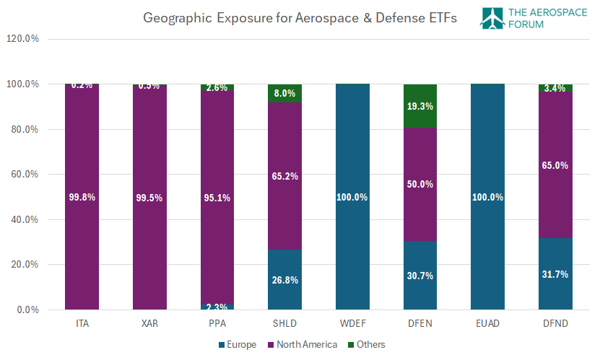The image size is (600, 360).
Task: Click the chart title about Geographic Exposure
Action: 300,19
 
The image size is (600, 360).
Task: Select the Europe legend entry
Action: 238,345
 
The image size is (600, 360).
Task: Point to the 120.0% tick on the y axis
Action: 22,39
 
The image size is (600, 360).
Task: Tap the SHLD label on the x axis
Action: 284,322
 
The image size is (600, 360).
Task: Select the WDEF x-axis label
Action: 352,322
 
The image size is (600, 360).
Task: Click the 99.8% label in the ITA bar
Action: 82,198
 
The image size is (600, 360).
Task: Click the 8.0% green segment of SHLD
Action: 284,93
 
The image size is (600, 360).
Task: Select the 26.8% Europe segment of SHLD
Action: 284,280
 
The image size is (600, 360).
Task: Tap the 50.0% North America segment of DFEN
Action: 420,184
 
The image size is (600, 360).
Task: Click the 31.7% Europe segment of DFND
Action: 555,274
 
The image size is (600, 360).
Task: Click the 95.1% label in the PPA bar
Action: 217,198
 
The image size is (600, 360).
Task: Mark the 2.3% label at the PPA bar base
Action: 217,306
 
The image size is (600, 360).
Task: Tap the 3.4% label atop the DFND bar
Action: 555,88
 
